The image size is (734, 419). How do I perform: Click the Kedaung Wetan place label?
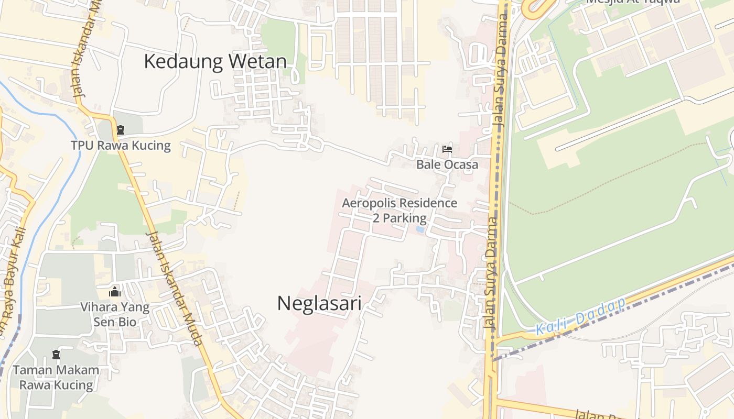click(215, 61)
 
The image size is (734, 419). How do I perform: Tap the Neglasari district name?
click(319, 303)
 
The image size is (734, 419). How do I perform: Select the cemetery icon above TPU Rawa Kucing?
click(121, 130)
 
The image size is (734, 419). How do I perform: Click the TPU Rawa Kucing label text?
click(121, 145)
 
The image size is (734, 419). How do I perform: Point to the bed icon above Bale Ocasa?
click(447, 150)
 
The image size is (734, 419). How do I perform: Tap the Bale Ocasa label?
click(447, 164)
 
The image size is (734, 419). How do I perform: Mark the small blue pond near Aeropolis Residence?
click(420, 229)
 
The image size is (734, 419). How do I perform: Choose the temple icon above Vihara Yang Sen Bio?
click(115, 292)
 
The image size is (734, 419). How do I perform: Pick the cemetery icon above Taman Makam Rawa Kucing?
click(56, 355)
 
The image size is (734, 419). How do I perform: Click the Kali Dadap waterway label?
click(581, 316)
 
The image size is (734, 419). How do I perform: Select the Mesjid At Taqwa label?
click(633, 2)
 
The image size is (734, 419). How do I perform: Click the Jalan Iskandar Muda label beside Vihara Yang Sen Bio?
click(175, 288)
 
